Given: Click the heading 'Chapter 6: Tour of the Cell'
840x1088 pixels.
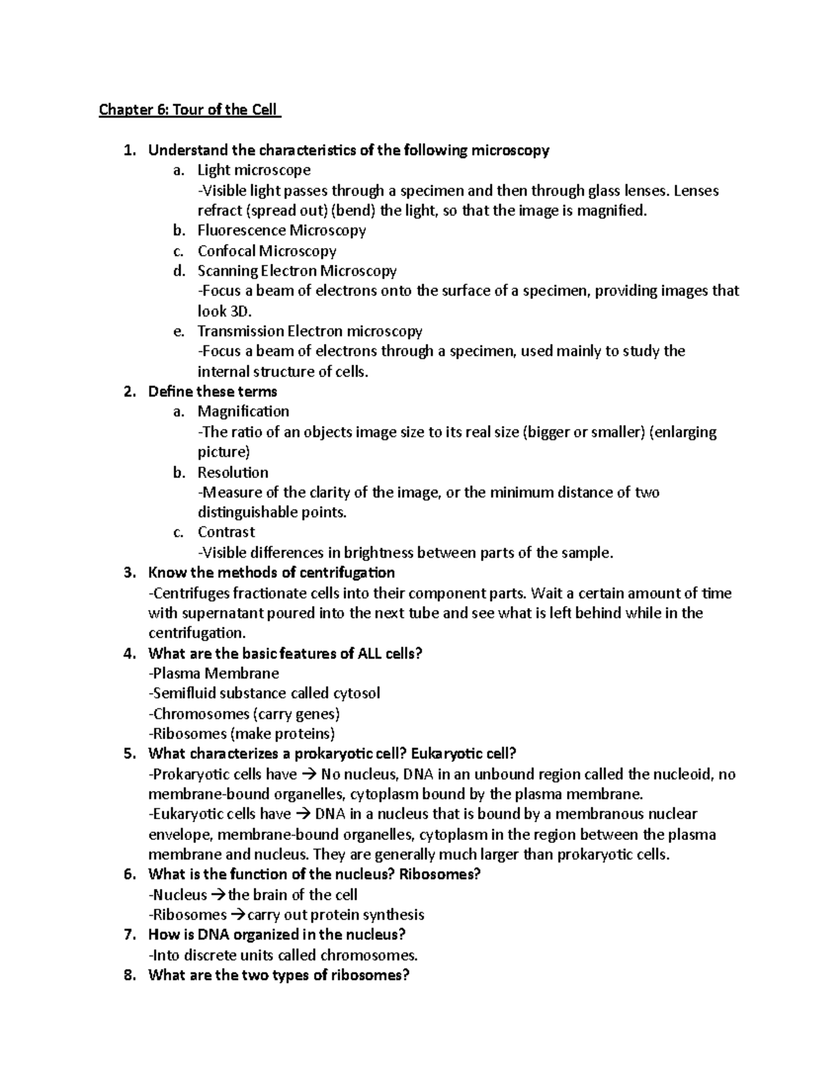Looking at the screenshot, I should pos(189,110).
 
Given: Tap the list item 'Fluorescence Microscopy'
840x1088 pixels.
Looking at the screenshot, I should pos(281,230).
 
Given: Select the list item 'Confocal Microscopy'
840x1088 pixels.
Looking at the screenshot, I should pos(267,251).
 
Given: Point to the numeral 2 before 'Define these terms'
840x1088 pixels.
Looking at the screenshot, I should pos(128,392).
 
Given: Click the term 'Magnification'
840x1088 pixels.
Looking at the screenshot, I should pos(243,411).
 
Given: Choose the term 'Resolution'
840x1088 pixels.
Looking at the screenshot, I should pos(232,472).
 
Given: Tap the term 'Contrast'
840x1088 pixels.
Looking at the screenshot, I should pos(226,532).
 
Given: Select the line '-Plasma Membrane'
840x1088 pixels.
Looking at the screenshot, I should pos(213,674).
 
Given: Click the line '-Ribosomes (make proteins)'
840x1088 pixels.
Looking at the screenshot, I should pos(241,734).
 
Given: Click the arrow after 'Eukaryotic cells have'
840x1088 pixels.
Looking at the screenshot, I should pos(302,815).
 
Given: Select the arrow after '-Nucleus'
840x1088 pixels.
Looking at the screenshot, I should pos(218,895).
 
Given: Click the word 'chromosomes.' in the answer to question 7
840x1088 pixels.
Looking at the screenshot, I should pos(369,956).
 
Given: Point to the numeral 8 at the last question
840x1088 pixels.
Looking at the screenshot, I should pos(128,976).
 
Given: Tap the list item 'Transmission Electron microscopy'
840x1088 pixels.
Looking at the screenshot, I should pos(309,331).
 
